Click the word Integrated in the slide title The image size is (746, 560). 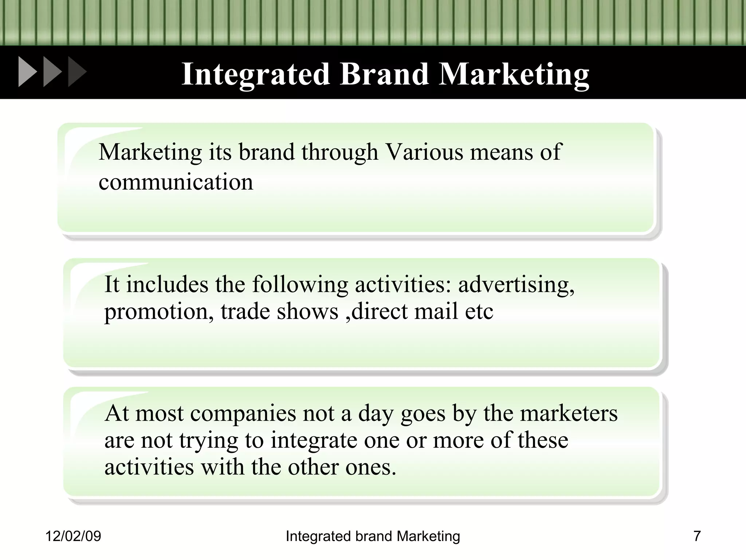tap(255, 74)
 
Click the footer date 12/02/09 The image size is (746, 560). tap(73, 536)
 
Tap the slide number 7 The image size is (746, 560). tap(697, 536)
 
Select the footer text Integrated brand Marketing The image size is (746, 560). tap(373, 536)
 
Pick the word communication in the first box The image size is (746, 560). tap(176, 182)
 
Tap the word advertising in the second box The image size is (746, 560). tap(516, 285)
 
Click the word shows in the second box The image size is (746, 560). tap(307, 311)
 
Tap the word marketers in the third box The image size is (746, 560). tap(569, 413)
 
